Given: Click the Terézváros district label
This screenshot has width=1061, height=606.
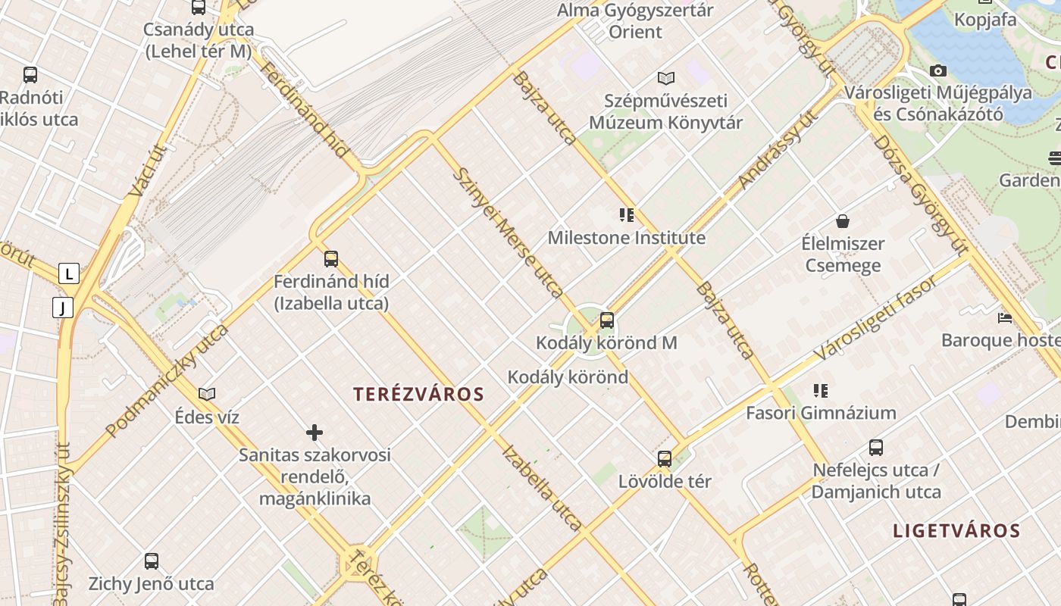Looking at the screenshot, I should tap(418, 394).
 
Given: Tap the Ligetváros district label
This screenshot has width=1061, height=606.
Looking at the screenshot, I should tap(956, 530).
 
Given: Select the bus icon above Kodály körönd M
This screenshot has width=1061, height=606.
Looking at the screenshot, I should tap(606, 320).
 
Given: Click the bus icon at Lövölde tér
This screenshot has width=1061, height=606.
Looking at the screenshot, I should tap(665, 459).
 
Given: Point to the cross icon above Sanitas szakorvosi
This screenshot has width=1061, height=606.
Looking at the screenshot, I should tap(315, 433).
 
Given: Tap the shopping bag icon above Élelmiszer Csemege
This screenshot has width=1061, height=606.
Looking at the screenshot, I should tap(842, 221).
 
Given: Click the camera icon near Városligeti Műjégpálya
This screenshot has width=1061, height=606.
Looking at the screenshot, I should tap(938, 70).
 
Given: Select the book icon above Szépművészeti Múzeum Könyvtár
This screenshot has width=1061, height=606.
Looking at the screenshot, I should tap(666, 78).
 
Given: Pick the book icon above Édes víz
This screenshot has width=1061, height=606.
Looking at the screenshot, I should tap(207, 394).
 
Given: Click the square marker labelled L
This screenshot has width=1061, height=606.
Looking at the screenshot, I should tap(69, 273).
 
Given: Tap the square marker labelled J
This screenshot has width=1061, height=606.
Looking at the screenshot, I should tap(62, 308).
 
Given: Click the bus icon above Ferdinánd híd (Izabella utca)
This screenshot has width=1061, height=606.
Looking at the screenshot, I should tap(331, 259).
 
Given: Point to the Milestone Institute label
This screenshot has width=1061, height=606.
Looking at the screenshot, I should tap(626, 238).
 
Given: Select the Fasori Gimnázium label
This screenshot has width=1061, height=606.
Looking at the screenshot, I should tap(821, 413).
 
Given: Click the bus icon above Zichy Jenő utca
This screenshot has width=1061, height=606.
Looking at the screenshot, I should tap(152, 561).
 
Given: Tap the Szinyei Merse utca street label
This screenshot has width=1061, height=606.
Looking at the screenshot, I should tap(508, 233).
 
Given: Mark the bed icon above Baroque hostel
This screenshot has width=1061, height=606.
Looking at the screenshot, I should tap(1005, 317).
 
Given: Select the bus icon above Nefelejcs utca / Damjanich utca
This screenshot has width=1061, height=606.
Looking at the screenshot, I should tap(876, 447).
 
